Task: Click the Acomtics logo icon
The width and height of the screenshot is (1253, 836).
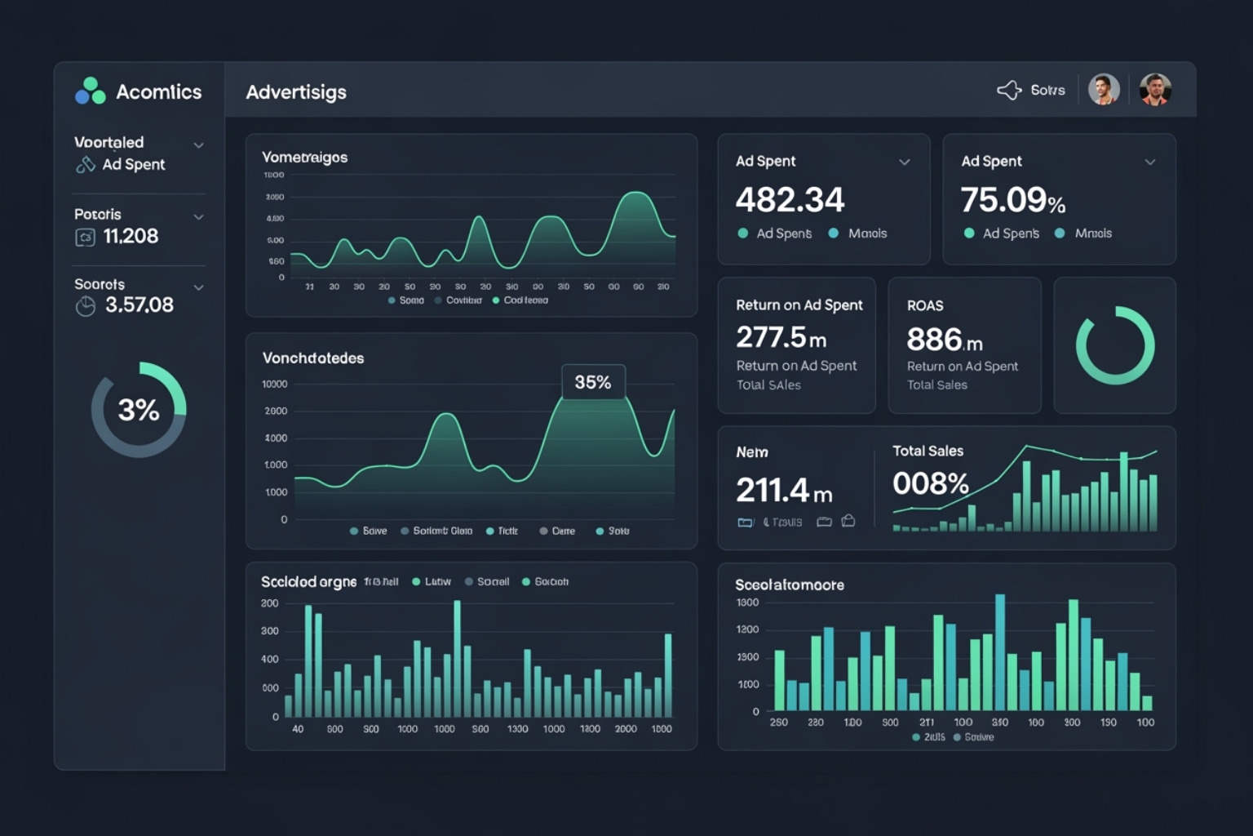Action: click(91, 91)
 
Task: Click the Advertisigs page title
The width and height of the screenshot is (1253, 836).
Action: click(296, 92)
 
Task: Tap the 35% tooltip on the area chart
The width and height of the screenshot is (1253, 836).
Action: click(593, 382)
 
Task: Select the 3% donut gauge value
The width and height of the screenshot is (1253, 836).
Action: click(139, 410)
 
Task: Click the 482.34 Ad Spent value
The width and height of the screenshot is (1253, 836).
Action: click(790, 200)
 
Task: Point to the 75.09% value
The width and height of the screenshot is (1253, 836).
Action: click(1012, 200)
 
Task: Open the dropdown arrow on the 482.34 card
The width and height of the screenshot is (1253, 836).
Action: click(905, 162)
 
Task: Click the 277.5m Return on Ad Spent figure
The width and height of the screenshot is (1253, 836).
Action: click(781, 337)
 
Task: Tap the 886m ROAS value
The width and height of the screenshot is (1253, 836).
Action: click(944, 340)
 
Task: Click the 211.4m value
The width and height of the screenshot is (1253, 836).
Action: click(783, 491)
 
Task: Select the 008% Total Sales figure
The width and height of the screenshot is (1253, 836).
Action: click(930, 484)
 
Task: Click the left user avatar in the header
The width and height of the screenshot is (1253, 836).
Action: click(1104, 90)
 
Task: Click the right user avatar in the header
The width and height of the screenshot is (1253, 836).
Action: click(1155, 90)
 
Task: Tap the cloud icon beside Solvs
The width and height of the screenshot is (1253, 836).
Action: click(1009, 90)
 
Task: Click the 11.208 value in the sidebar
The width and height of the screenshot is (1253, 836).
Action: click(131, 237)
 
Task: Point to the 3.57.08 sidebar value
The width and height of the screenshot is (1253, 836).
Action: click(139, 305)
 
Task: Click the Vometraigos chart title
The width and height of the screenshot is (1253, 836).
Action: click(304, 158)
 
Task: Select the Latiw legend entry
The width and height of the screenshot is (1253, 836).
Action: click(432, 582)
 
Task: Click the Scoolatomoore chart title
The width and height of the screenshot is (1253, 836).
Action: click(789, 585)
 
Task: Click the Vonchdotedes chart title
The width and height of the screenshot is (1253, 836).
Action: click(312, 358)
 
